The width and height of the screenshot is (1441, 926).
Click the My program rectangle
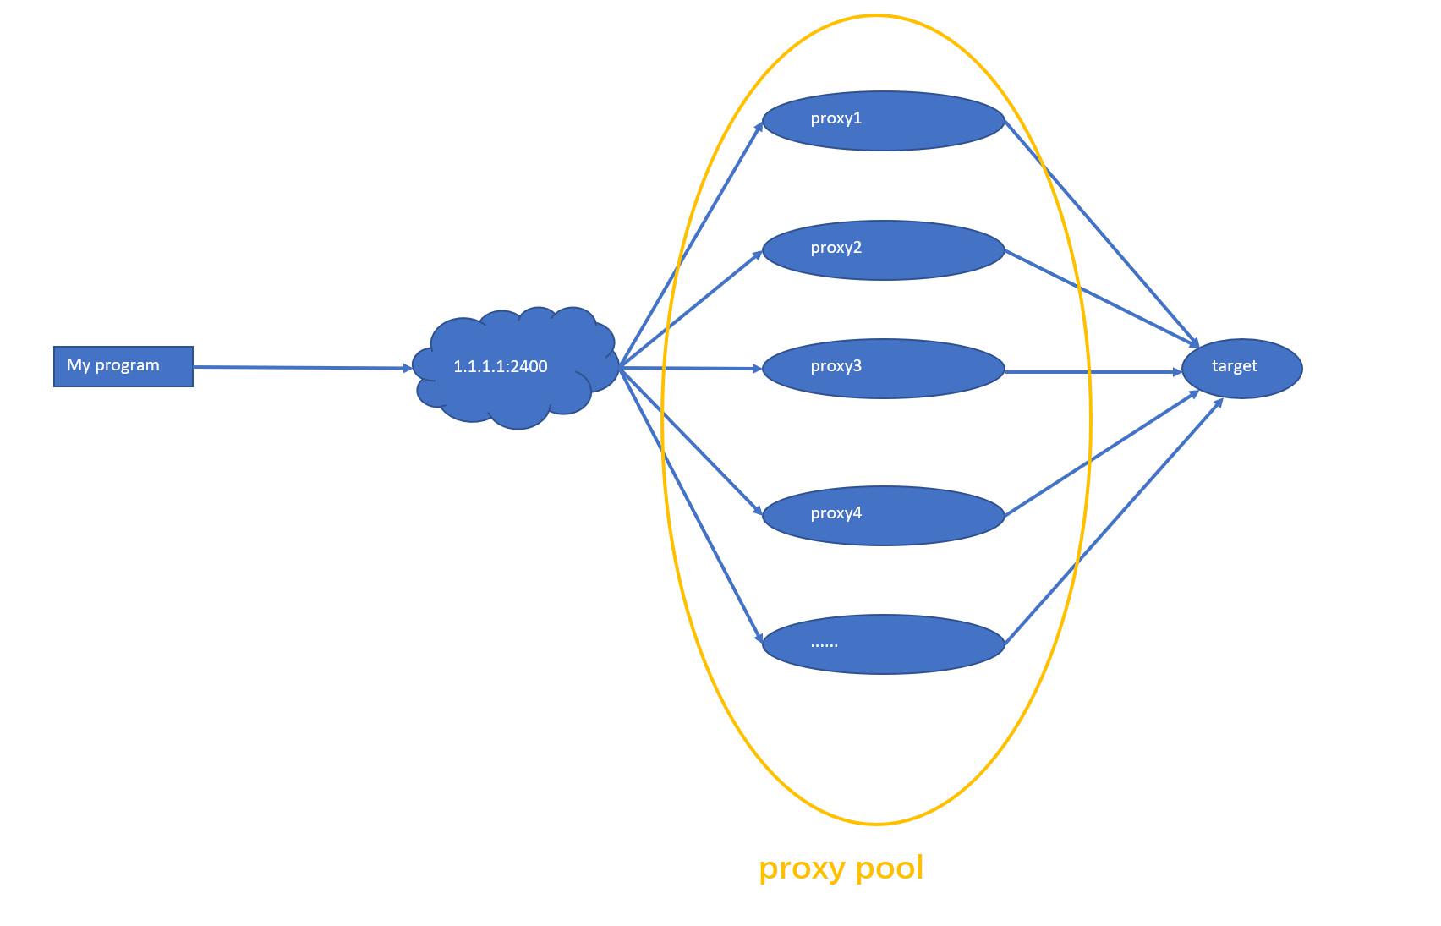point(123,366)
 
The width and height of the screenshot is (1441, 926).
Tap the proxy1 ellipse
point(883,121)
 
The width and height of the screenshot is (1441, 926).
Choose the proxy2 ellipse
point(883,250)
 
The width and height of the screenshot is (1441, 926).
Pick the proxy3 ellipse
point(883,369)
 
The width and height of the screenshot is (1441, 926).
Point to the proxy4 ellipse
point(883,516)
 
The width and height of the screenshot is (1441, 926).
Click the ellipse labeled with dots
point(883,644)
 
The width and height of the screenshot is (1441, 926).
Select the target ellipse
point(1241,368)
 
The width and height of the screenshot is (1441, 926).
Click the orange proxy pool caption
point(841,868)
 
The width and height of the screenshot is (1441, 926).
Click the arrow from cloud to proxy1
point(692,245)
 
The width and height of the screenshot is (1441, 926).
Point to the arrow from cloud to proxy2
point(692,310)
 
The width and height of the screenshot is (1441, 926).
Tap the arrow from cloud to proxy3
point(692,368)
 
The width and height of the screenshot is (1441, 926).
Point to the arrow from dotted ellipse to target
point(1113,522)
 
